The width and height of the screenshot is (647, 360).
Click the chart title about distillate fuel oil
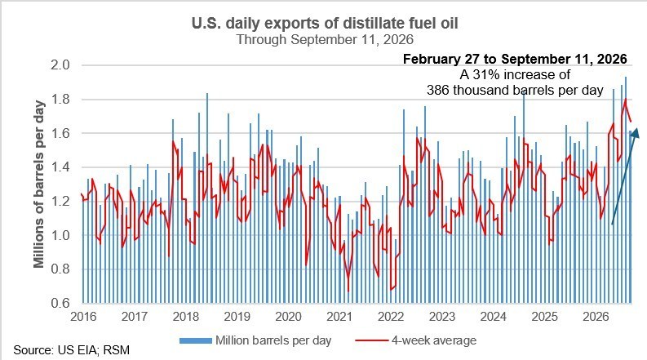tap(325, 23)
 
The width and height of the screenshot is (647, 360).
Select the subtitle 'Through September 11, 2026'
tap(325, 40)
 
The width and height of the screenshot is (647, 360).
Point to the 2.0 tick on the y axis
tap(60, 65)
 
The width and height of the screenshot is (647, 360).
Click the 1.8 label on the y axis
tap(60, 100)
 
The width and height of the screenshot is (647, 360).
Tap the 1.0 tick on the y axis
tap(60, 235)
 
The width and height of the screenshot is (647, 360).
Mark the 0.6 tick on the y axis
tap(60, 303)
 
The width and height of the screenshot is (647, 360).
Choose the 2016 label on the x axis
tap(83, 317)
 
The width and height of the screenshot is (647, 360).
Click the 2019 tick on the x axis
tap(237, 317)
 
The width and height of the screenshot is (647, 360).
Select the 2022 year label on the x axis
tap(391, 317)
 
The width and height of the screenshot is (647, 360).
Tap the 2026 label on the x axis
tap(596, 317)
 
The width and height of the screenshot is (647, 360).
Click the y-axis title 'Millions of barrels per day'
tap(39, 184)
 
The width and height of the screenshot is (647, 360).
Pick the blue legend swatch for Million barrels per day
tap(196, 341)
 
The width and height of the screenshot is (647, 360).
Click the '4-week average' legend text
tap(434, 340)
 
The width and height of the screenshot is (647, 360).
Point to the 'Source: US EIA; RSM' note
tap(71, 350)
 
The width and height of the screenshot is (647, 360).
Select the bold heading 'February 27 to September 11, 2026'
tap(515, 59)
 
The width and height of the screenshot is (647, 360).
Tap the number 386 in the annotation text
tap(438, 90)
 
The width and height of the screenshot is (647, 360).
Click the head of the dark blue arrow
tap(636, 133)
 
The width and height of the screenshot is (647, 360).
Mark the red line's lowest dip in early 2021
tap(348, 291)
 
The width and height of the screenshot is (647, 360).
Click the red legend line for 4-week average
tap(372, 341)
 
